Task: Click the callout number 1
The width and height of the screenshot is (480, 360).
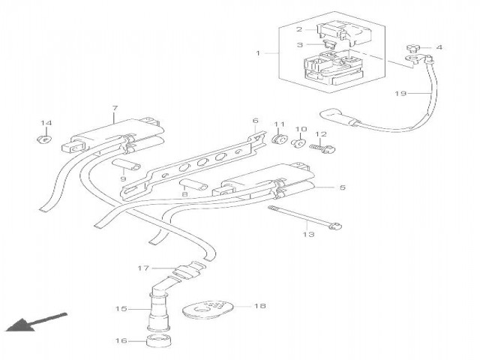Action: [258, 53]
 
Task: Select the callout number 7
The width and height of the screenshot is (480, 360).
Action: [114, 109]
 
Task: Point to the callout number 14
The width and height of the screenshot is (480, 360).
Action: [46, 122]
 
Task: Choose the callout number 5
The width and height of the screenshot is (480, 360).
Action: [342, 187]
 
